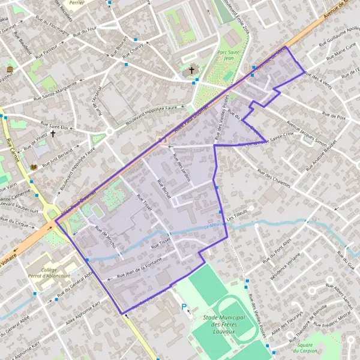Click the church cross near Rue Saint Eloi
click(x=53, y=133)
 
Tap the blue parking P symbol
click(x=184, y=307)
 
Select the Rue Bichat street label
click(x=164, y=189)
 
